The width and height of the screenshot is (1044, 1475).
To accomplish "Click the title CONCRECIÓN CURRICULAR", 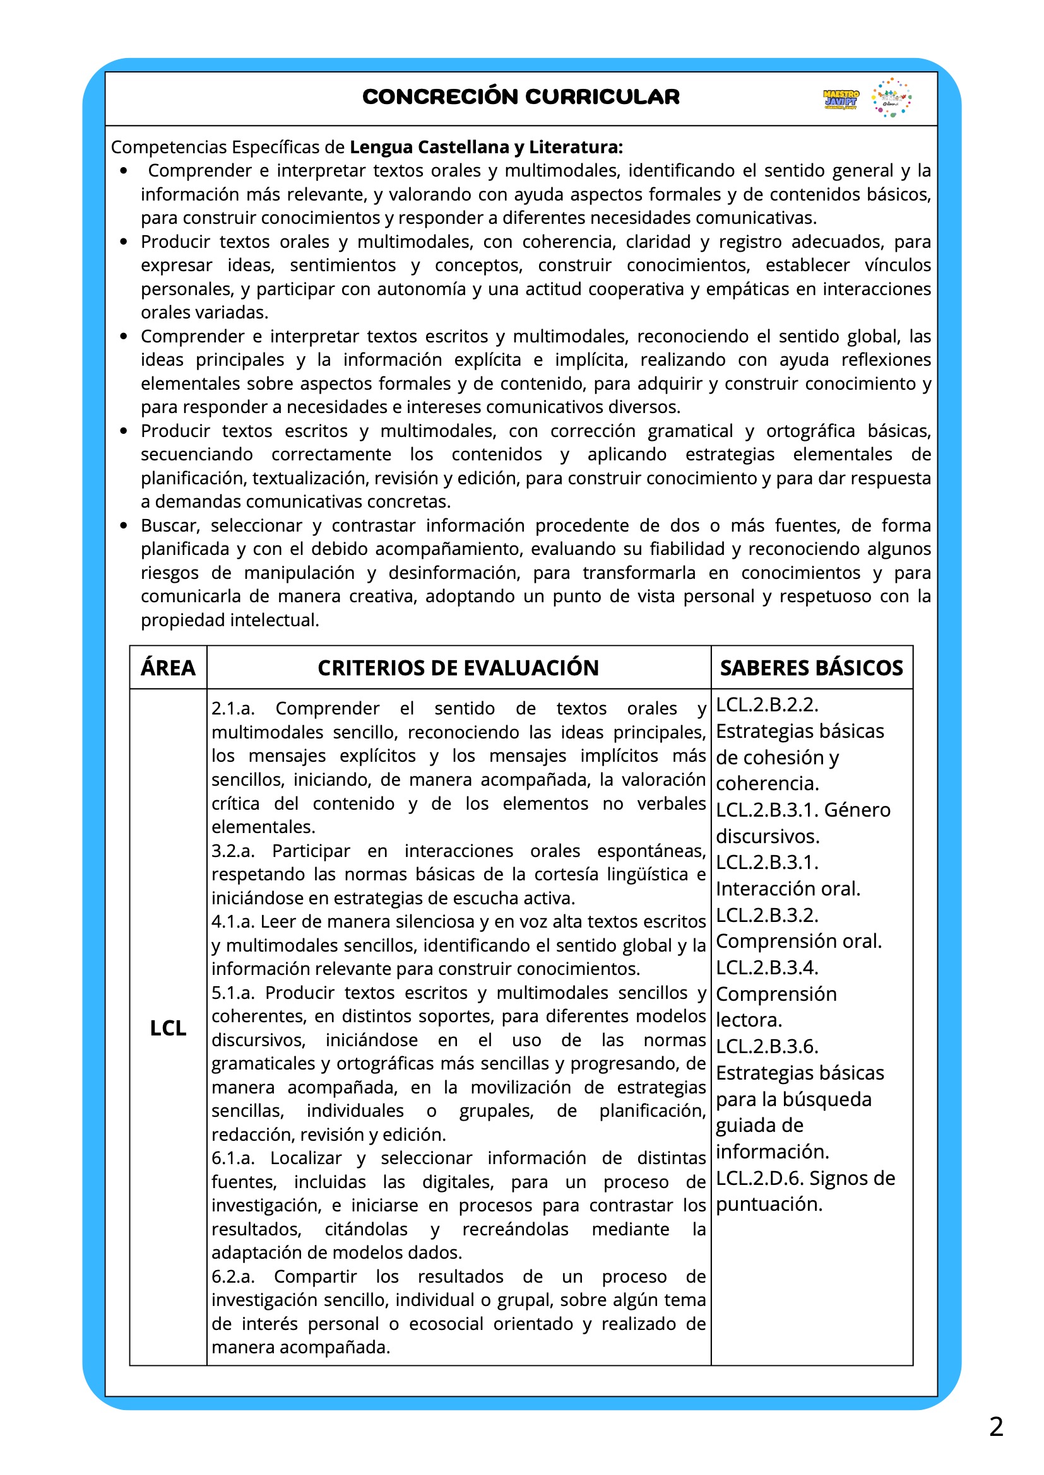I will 521,96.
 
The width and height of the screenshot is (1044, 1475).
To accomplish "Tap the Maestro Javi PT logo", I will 840,99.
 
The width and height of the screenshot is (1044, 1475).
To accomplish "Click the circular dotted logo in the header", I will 892,98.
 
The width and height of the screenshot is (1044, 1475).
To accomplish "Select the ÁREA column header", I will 168,667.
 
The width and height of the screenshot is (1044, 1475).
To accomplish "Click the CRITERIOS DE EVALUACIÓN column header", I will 458,667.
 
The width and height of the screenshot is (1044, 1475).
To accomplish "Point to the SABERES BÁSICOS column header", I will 811,667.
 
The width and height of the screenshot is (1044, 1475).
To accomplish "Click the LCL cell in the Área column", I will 168,1028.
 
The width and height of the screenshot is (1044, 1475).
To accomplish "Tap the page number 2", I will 996,1427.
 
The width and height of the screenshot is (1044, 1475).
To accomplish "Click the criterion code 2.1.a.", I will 233,709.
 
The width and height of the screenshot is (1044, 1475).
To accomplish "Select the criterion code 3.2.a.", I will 233,851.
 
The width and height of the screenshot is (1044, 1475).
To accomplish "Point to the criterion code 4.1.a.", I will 233,921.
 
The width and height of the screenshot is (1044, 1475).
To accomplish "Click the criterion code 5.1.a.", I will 233,993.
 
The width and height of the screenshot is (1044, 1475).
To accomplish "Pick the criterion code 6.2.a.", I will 233,1276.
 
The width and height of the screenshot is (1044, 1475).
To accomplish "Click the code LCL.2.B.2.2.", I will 767,705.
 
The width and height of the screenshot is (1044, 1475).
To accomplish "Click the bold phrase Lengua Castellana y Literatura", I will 485,147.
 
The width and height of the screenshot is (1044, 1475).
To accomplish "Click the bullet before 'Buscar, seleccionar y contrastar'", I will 124,525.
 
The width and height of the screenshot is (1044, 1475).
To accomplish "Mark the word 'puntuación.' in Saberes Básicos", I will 769,1204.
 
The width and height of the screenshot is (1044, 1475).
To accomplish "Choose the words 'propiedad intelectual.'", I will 230,620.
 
